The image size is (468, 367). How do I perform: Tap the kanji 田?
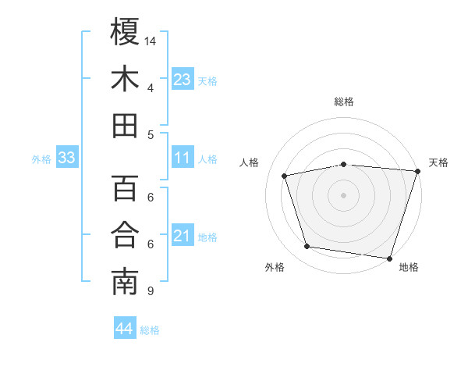pos(125,126)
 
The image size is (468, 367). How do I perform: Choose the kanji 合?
pos(125,235)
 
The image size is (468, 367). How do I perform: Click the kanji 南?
pos(125,283)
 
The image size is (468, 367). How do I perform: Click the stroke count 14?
pos(151,41)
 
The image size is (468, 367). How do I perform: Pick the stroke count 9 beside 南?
pos(150,291)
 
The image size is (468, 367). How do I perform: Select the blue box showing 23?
pos(182,79)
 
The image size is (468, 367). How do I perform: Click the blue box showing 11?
pos(182,158)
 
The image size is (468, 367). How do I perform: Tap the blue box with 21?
pos(182,236)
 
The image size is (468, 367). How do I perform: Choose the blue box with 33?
pos(67,158)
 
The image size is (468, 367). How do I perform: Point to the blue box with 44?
pos(124,329)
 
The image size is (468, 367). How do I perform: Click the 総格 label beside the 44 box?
pos(150,330)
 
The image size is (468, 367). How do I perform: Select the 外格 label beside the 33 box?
pos(41,159)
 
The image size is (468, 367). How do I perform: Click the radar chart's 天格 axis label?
pos(438,162)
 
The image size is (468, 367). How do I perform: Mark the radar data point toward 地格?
pos(389,258)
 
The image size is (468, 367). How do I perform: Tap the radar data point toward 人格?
pos(285,176)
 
